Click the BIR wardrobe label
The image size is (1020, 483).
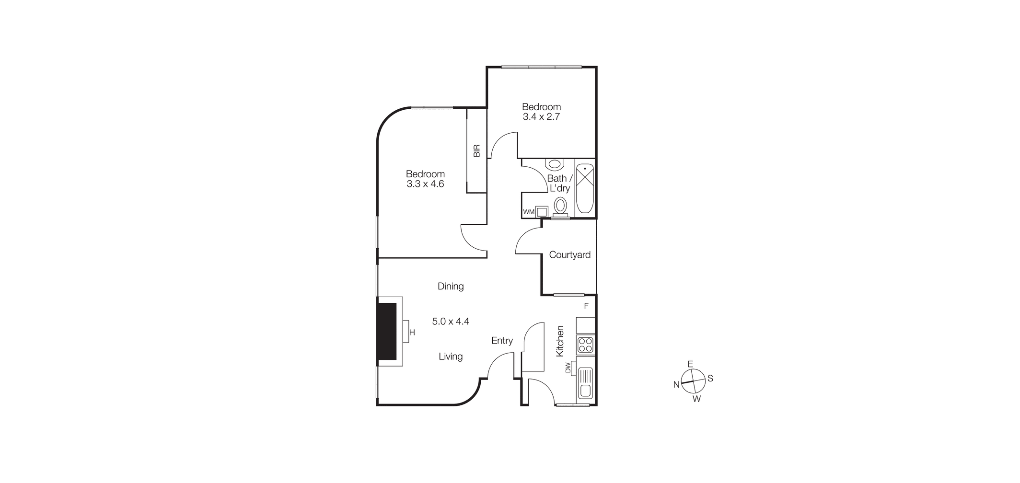click(x=476, y=151)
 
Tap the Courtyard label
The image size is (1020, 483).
click(x=569, y=255)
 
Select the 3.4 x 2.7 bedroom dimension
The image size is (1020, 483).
click(x=541, y=116)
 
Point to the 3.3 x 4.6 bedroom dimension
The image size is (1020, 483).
click(x=425, y=184)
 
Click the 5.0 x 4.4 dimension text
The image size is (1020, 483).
click(x=451, y=322)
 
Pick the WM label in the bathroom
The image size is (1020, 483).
click(x=528, y=212)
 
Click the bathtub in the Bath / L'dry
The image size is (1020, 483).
click(x=584, y=188)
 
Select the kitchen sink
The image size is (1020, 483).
click(x=585, y=383)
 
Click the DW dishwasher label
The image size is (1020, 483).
click(x=568, y=368)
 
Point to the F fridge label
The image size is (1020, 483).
click(x=586, y=306)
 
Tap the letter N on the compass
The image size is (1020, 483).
click(x=676, y=384)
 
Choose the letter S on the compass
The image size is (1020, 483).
click(x=710, y=379)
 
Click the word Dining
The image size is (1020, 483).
click(x=451, y=287)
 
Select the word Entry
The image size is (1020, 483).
click(x=502, y=341)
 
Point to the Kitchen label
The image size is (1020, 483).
click(x=560, y=341)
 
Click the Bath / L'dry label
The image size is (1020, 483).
click(x=559, y=183)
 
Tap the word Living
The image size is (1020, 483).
click(x=451, y=356)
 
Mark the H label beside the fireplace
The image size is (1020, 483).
click(x=412, y=333)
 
